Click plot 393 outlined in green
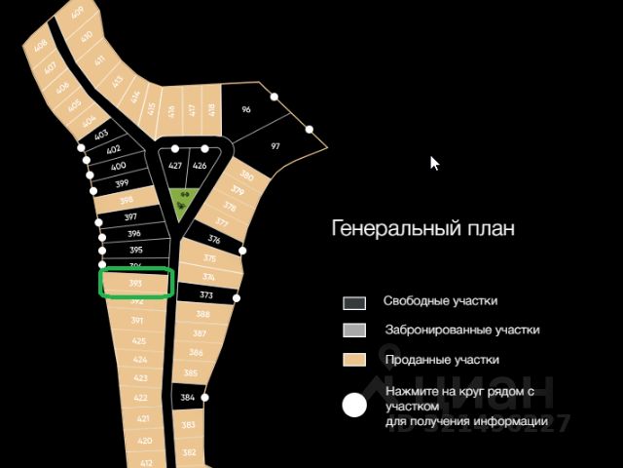click(136, 283)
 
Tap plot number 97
click(275, 146)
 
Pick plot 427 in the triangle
click(175, 166)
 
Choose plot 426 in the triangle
click(200, 166)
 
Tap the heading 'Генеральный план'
click(423, 229)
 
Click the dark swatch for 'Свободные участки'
click(354, 302)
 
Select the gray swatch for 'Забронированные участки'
click(354, 331)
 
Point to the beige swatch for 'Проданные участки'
click(354, 360)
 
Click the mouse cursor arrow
click(435, 163)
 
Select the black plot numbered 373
click(206, 294)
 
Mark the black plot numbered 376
click(214, 239)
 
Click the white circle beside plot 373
click(237, 297)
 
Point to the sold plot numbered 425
click(139, 340)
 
